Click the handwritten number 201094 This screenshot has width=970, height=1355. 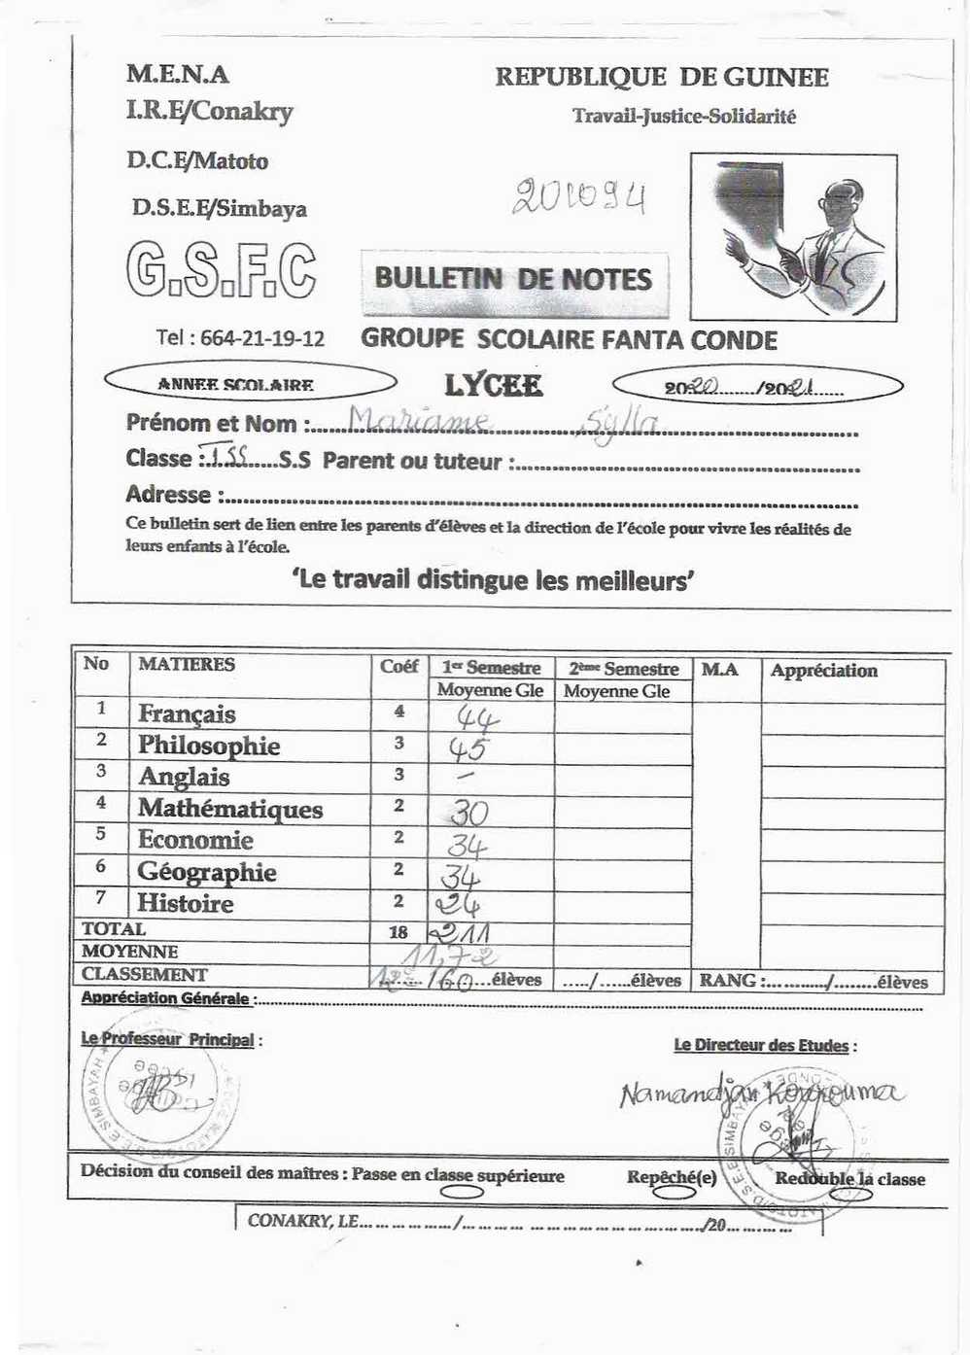[579, 197]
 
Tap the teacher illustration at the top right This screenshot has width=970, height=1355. [793, 236]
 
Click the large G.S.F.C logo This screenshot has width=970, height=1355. [221, 269]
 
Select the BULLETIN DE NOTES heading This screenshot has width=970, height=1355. [513, 280]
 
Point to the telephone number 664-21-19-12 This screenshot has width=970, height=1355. [240, 338]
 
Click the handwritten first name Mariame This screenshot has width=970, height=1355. [418, 420]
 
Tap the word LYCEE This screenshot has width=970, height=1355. [493, 385]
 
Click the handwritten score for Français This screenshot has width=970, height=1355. [477, 719]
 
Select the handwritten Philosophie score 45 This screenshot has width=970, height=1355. [468, 749]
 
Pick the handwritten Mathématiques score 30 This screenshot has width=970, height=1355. [468, 813]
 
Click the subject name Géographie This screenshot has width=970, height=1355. [207, 872]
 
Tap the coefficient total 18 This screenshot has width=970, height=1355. [398, 932]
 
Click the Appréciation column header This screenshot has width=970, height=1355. [823, 670]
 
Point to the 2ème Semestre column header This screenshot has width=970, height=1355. [623, 669]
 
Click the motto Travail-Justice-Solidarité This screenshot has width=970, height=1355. [684, 117]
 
